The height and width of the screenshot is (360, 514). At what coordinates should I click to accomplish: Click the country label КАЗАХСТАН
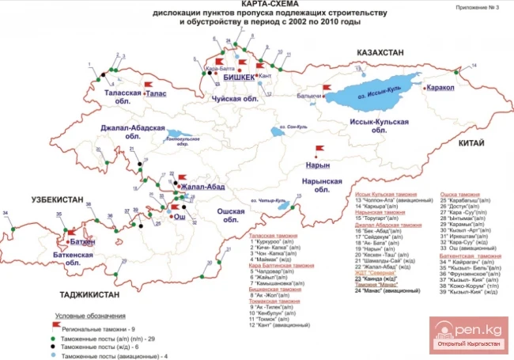pyautogui.click(x=368, y=52)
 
